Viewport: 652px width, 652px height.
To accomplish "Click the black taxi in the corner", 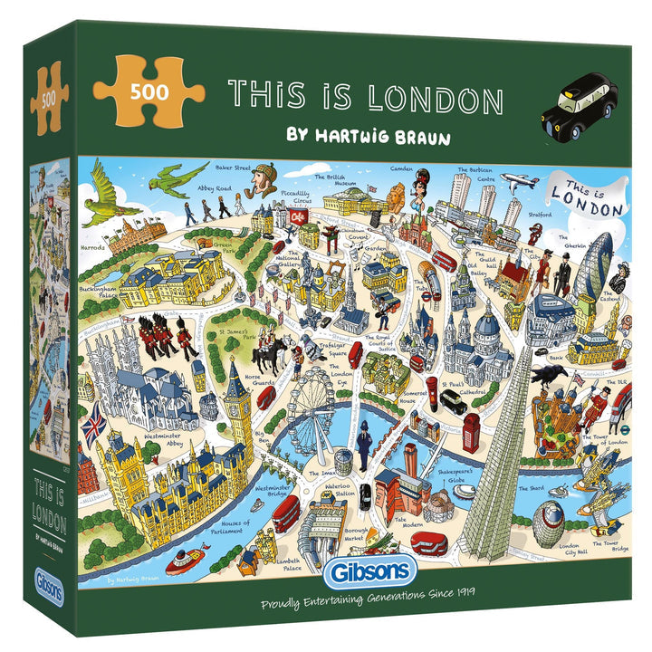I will pyautogui.click(x=579, y=108).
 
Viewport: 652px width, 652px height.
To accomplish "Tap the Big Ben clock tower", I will pyautogui.click(x=237, y=398).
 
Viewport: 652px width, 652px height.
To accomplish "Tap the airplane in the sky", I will pyautogui.click(x=521, y=182).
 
